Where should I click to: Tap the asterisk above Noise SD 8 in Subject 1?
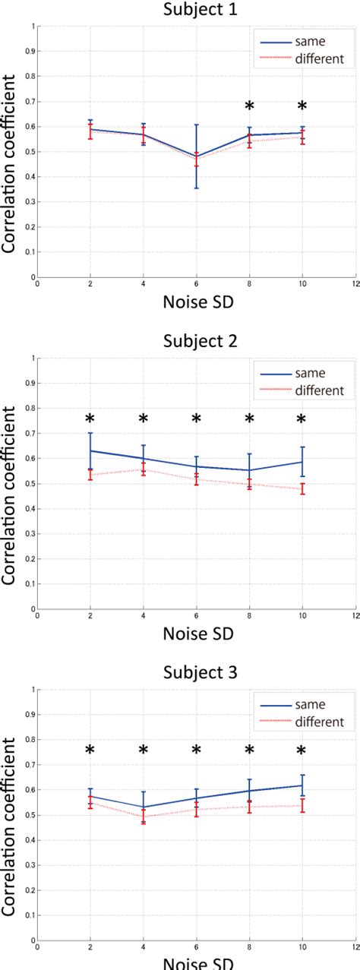(249, 106)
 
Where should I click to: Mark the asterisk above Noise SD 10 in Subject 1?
(302, 106)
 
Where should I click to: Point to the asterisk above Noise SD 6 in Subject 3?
(196, 750)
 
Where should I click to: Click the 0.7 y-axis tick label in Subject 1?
(29, 102)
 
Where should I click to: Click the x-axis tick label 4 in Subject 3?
(144, 949)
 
